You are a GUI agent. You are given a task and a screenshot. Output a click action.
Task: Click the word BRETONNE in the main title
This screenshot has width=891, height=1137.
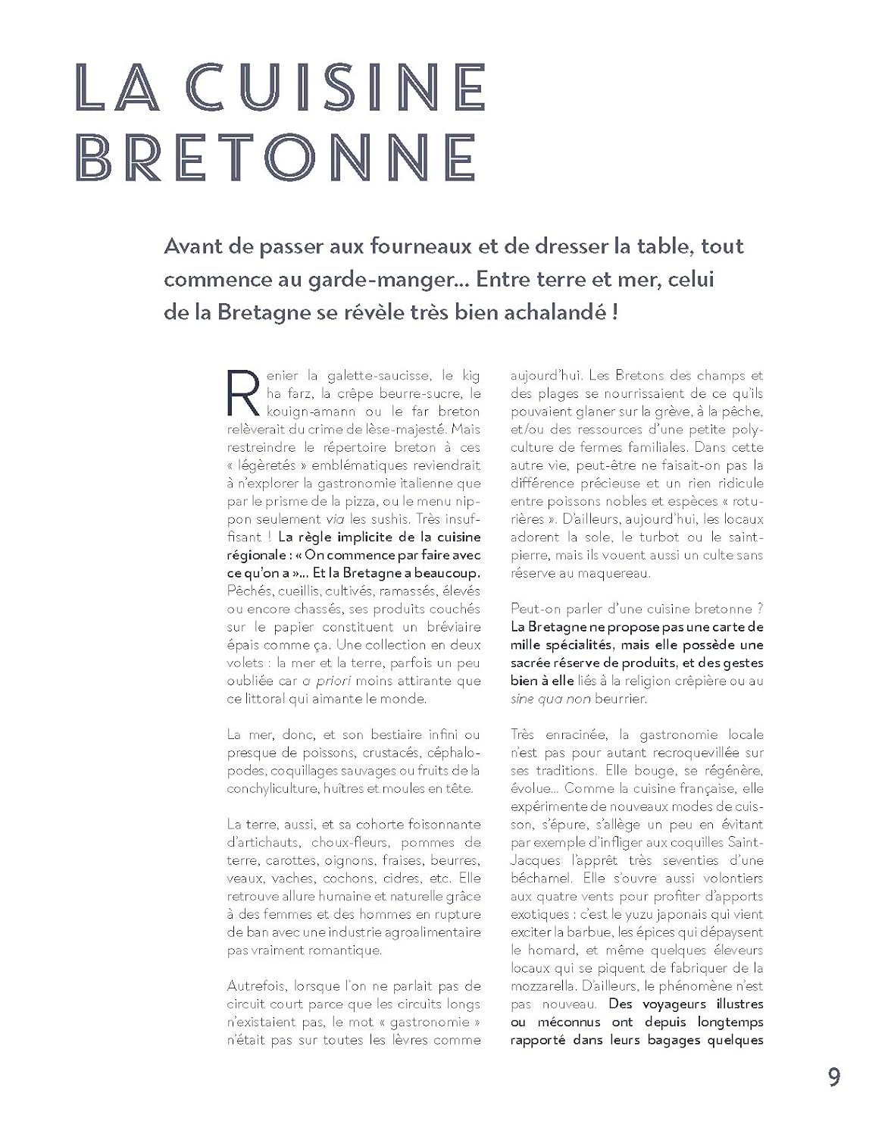pos(277,158)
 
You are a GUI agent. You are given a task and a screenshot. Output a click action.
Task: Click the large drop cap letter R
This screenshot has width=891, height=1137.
pos(244,393)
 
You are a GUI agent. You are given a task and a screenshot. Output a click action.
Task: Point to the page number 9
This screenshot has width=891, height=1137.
pos(833,1077)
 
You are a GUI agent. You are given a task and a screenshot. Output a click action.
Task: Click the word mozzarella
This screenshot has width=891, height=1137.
pos(546,986)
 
